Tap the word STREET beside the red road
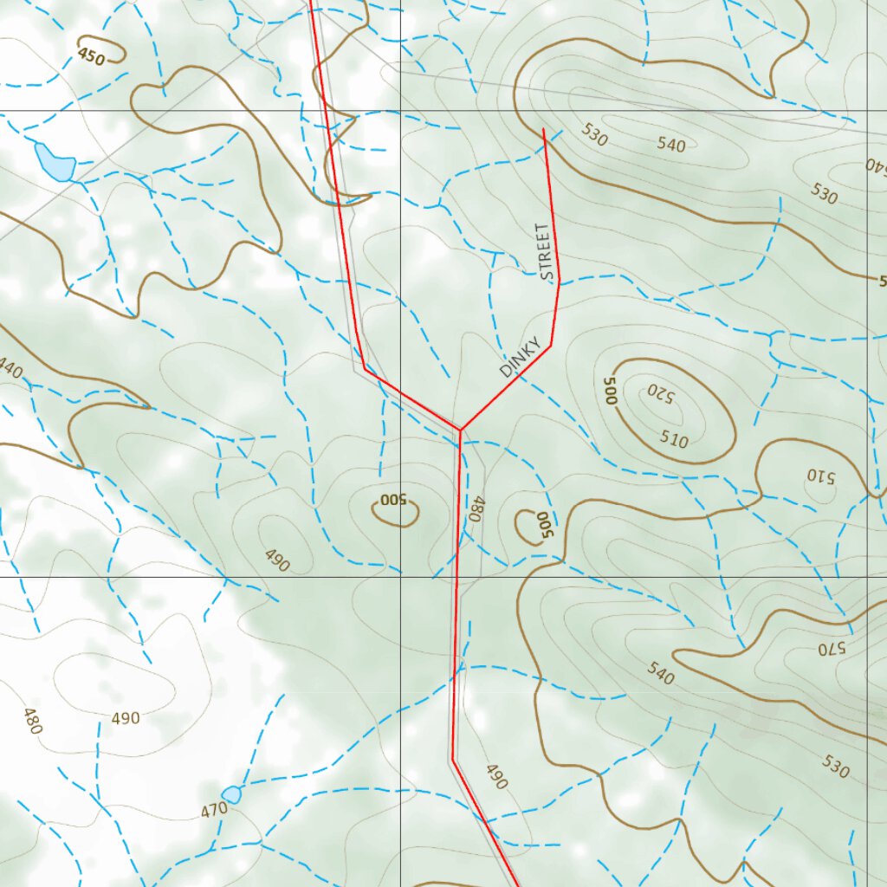click(543, 252)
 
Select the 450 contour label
click(91, 57)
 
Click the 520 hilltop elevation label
click(658, 392)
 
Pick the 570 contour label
click(830, 647)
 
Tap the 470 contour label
click(213, 810)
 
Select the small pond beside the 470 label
click(231, 794)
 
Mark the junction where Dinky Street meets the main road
click(461, 429)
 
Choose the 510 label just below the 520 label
click(673, 440)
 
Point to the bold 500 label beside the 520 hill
click(609, 392)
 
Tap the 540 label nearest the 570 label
click(660, 673)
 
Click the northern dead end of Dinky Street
click(543, 130)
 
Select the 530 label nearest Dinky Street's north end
click(594, 133)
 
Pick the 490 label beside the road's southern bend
click(495, 776)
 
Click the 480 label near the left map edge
click(31, 721)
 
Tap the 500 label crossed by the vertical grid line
click(393, 500)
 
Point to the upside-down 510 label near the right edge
click(819, 476)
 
